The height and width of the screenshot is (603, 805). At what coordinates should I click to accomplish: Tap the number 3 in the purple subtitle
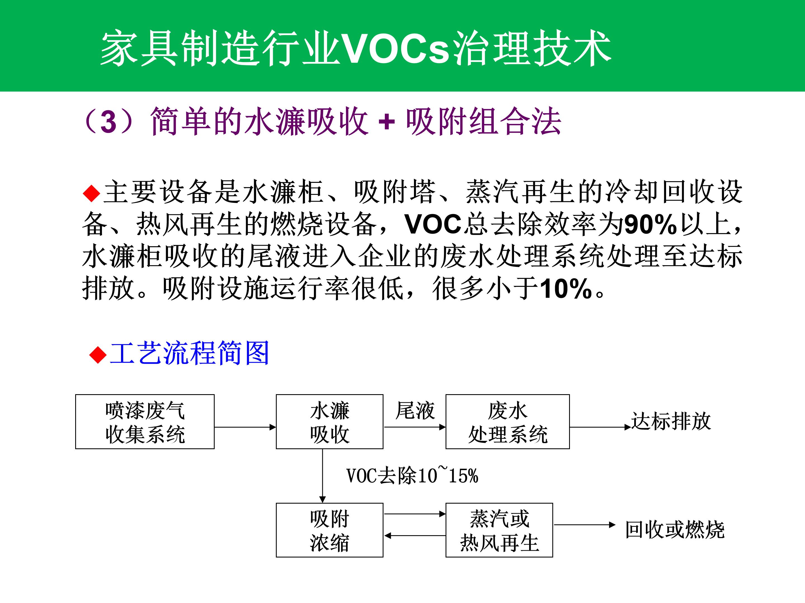[108, 122]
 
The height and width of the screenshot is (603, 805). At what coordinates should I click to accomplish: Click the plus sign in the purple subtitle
[387, 122]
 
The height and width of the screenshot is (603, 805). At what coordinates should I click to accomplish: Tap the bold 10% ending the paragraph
[566, 289]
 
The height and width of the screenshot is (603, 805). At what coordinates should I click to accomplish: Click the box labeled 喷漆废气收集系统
[145, 422]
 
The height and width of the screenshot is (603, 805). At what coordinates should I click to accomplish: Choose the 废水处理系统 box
[508, 422]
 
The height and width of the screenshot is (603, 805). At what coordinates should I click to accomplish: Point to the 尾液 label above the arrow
[415, 410]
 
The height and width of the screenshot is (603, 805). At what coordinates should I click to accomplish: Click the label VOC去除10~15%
[412, 475]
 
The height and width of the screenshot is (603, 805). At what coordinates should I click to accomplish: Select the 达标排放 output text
[671, 421]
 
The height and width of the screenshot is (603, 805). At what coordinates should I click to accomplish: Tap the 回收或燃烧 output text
[675, 529]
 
